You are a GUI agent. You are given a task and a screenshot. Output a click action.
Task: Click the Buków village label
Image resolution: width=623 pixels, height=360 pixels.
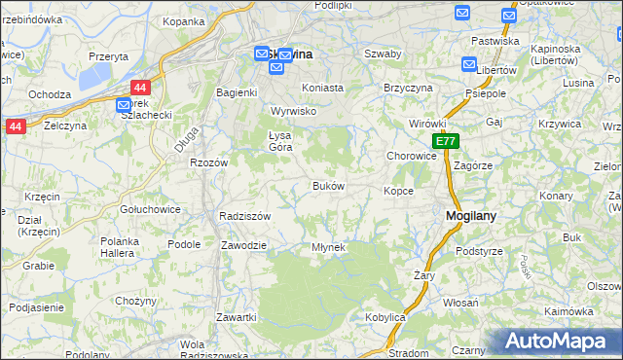click(328, 186)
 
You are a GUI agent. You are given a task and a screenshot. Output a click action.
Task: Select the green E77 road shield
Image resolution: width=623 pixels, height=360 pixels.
click(446, 142)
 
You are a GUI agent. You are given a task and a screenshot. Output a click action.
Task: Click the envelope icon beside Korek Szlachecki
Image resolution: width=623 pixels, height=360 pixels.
click(124, 105)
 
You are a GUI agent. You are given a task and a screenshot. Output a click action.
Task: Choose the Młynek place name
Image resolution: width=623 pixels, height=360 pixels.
click(328, 247)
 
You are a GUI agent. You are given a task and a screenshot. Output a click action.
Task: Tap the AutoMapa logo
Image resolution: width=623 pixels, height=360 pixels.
click(557, 342)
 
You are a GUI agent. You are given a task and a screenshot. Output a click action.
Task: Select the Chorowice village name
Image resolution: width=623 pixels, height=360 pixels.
click(411, 156)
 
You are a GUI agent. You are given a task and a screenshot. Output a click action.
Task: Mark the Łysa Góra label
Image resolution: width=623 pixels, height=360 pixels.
click(279, 141)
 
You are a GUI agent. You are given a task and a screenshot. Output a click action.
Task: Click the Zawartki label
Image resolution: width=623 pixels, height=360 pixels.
click(237, 318)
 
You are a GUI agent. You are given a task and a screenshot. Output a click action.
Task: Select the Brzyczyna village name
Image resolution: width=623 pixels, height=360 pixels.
click(407, 87)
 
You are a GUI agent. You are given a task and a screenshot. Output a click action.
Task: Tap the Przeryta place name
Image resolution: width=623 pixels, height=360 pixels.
click(108, 56)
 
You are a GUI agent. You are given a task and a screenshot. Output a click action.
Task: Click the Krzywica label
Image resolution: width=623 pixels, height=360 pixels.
click(559, 124)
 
